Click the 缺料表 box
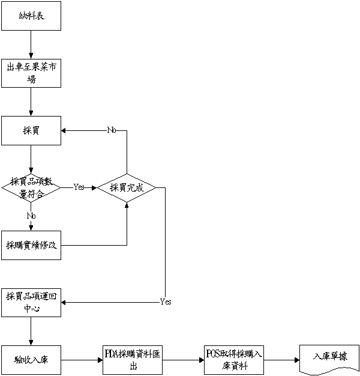click(x=31, y=16)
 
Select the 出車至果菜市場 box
click(x=31, y=73)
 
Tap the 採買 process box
click(x=31, y=130)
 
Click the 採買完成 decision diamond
click(x=127, y=187)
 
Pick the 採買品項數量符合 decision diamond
click(x=31, y=187)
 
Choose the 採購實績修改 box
click(x=31, y=245)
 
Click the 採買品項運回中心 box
click(x=31, y=302)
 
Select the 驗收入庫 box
click(x=31, y=360)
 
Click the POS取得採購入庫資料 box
click(x=234, y=360)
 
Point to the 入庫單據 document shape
click(x=329, y=358)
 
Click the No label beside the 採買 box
click(x=111, y=130)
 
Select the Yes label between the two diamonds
click(x=79, y=187)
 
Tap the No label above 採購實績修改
click(x=31, y=216)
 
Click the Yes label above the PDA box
click(x=164, y=302)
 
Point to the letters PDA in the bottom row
click(x=110, y=354)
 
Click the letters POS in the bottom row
click(x=213, y=354)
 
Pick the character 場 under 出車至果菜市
click(x=31, y=79)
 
